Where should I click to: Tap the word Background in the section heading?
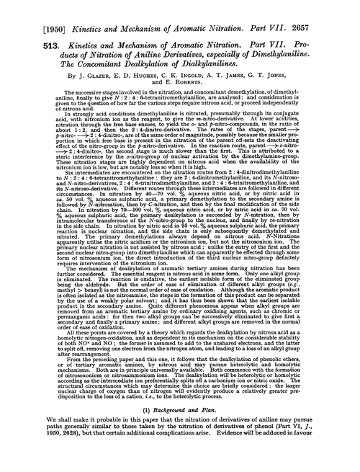[163, 428]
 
